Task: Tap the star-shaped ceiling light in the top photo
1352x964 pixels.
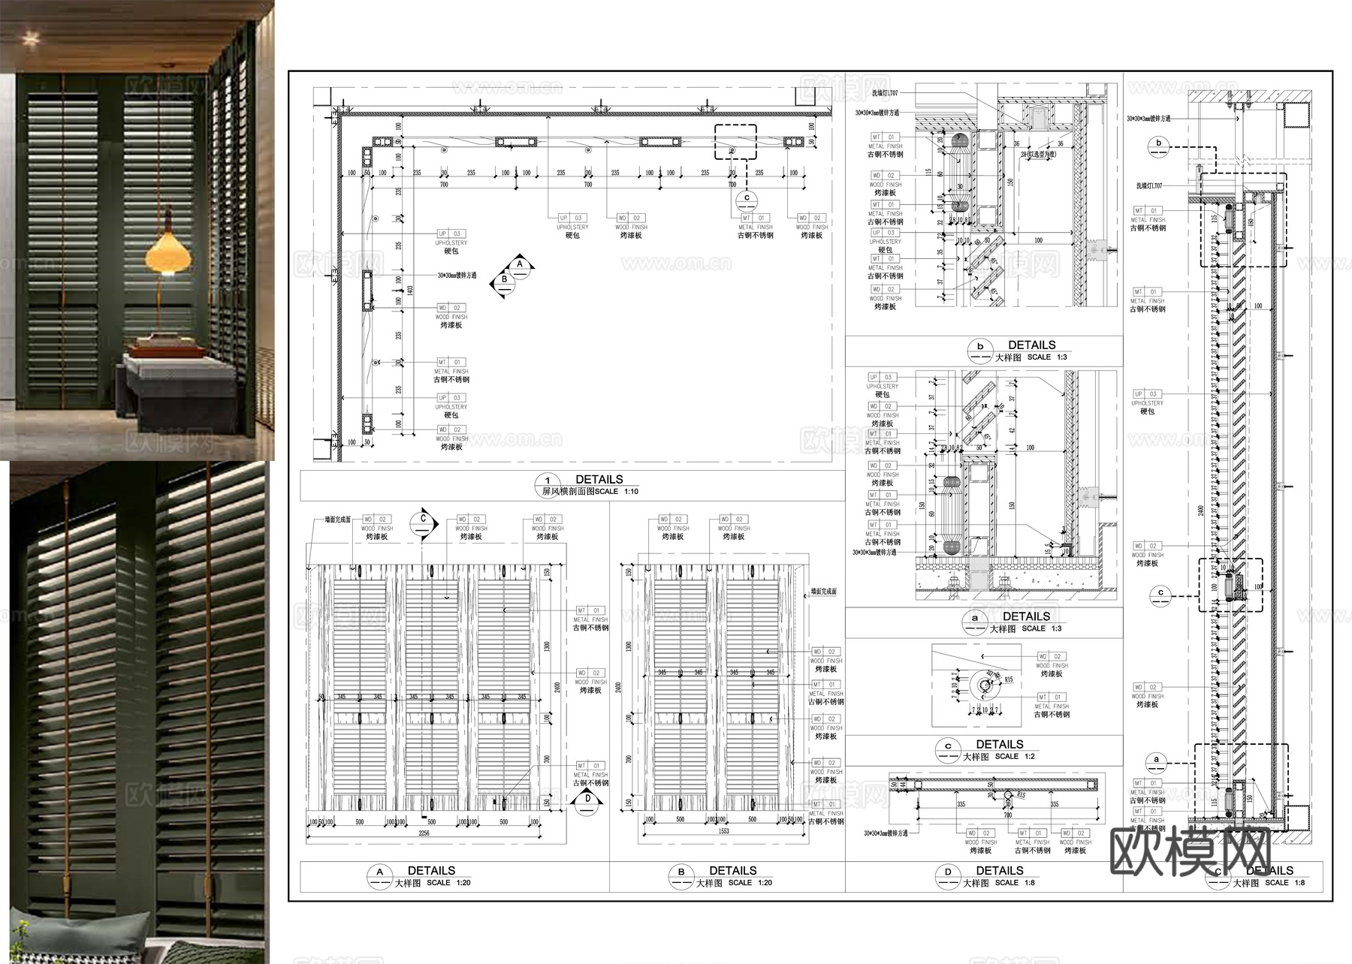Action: coord(30,37)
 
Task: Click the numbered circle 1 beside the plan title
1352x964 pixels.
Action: coord(548,481)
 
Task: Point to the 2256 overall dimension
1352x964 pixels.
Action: coord(424,833)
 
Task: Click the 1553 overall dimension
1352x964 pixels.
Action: coord(724,832)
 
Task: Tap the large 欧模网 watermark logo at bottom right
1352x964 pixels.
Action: coord(1190,851)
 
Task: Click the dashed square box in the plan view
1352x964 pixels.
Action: coord(735,142)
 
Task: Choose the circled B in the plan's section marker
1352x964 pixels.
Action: coord(504,279)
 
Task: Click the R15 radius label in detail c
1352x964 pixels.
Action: coord(1009,679)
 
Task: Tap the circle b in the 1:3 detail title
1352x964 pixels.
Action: coord(979,348)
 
